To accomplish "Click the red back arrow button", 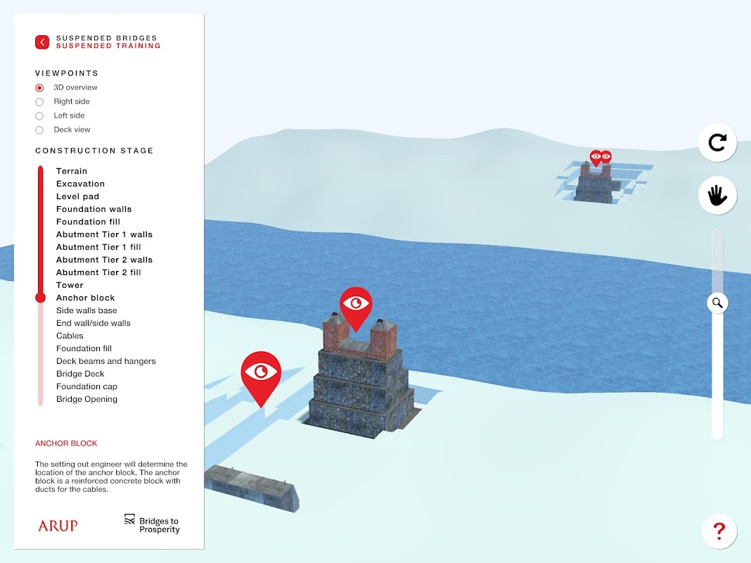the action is (42, 42).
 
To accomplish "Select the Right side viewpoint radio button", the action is (39, 101).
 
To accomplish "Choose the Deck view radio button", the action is (39, 130).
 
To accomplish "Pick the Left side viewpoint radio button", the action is (39, 116).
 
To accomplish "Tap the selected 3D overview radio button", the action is (39, 88).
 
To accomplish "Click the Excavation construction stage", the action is (80, 184).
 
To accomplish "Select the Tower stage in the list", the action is (70, 285).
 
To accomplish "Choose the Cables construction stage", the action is (70, 336).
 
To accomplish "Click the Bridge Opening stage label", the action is (86, 399).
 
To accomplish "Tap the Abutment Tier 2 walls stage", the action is (104, 260).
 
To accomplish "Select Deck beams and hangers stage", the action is (106, 361).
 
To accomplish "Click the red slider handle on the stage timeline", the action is (41, 298).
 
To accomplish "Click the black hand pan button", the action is (717, 196).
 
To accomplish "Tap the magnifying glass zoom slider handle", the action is (717, 303).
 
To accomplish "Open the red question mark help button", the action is (719, 531).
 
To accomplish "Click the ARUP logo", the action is (58, 526).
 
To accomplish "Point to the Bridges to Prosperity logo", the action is (152, 524).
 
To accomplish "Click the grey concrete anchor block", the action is (252, 487).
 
